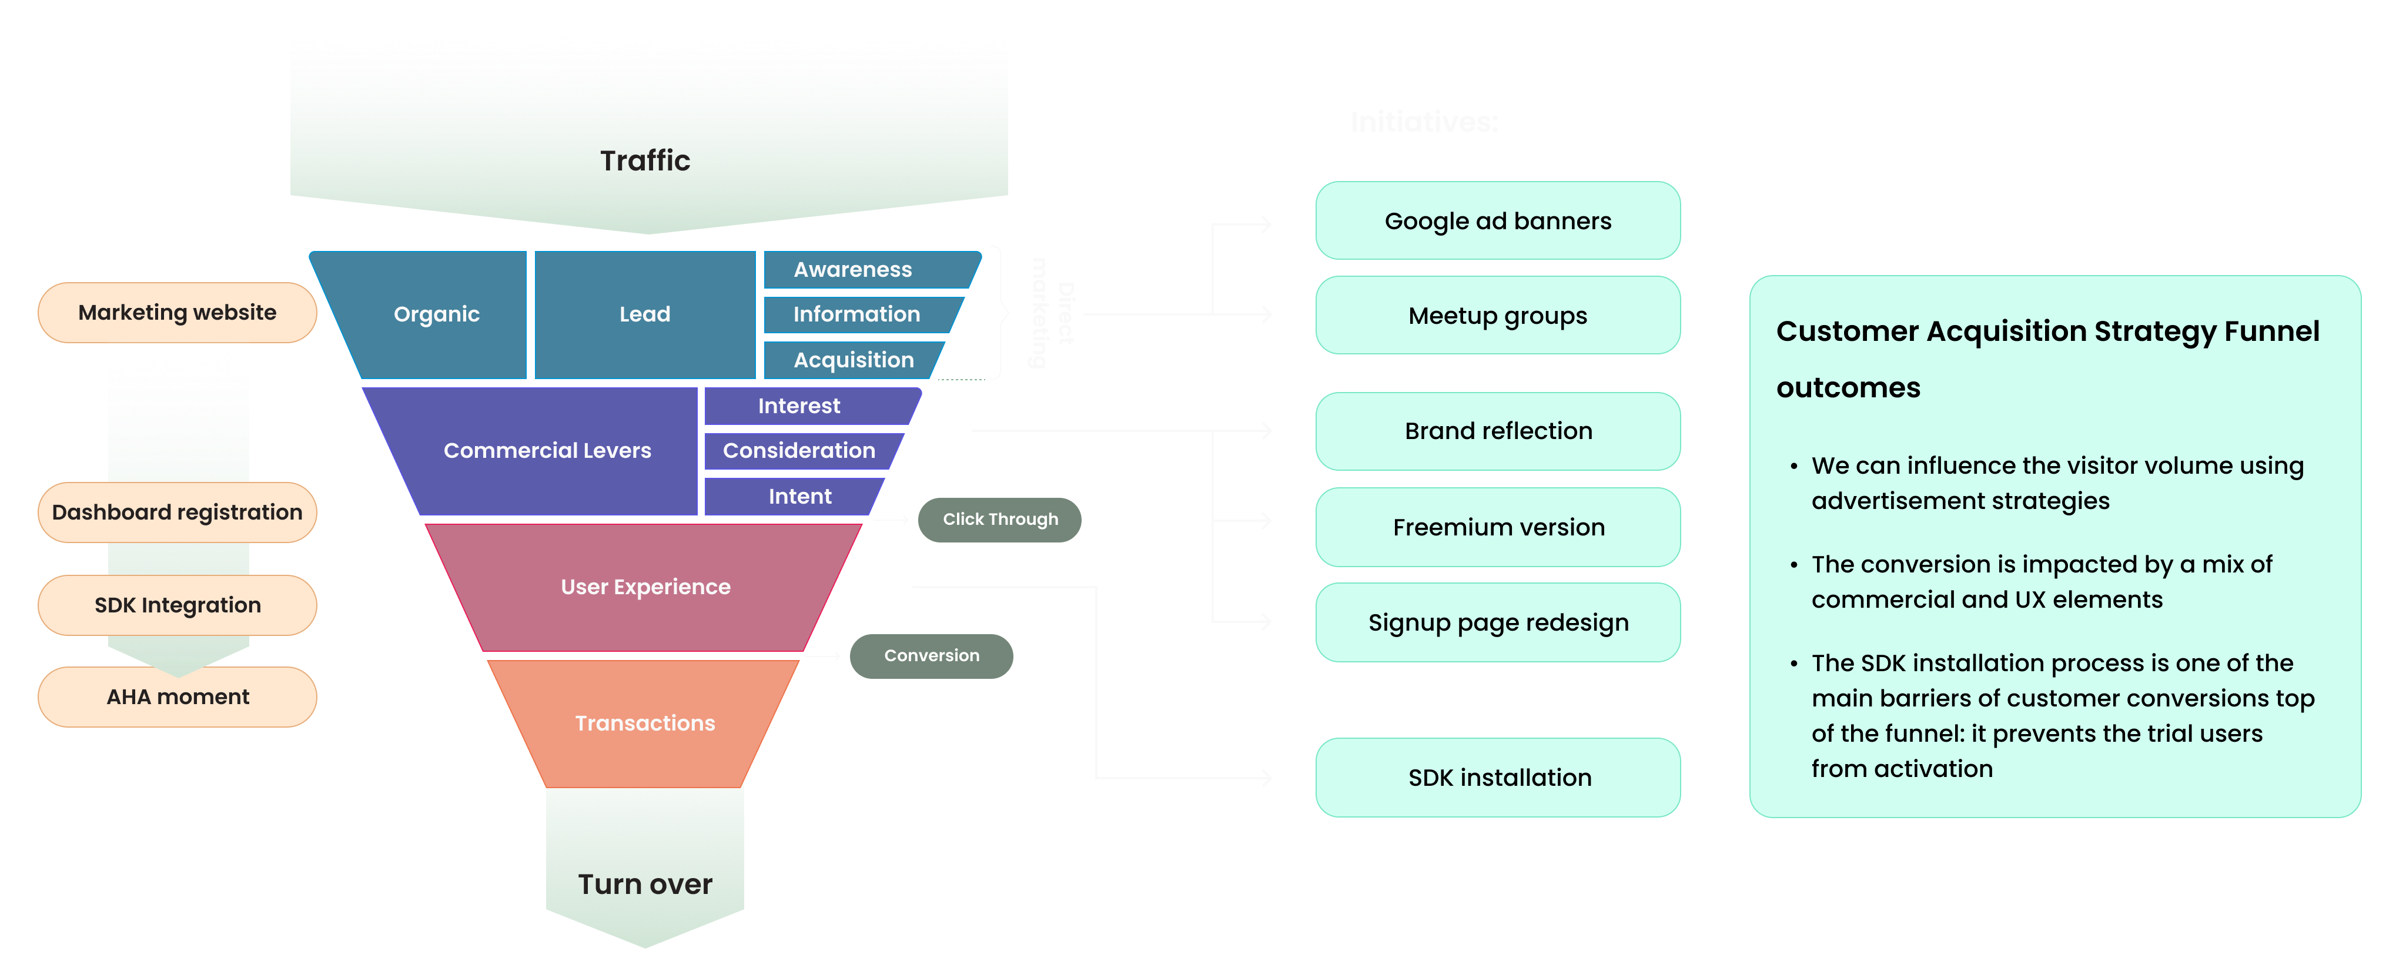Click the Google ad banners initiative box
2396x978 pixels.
pos(1498,221)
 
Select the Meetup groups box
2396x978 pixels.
pos(1498,315)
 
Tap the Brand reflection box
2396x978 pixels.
pos(1498,430)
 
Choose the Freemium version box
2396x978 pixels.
pos(1498,527)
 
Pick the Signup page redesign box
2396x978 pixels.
pos(1498,622)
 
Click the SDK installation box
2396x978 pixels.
pos(1498,777)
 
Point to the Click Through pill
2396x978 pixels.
pos(1000,520)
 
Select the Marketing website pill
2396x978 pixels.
pos(177,312)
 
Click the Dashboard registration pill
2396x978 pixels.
pos(177,513)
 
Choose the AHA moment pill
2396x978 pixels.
pos(177,697)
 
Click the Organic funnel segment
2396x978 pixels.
pos(436,314)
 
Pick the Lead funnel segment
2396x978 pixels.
pos(645,314)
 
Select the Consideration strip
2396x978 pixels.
pos(799,451)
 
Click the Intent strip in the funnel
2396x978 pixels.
pos(799,497)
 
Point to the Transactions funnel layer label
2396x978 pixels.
pos(645,724)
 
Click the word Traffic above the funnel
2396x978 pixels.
pos(645,161)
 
